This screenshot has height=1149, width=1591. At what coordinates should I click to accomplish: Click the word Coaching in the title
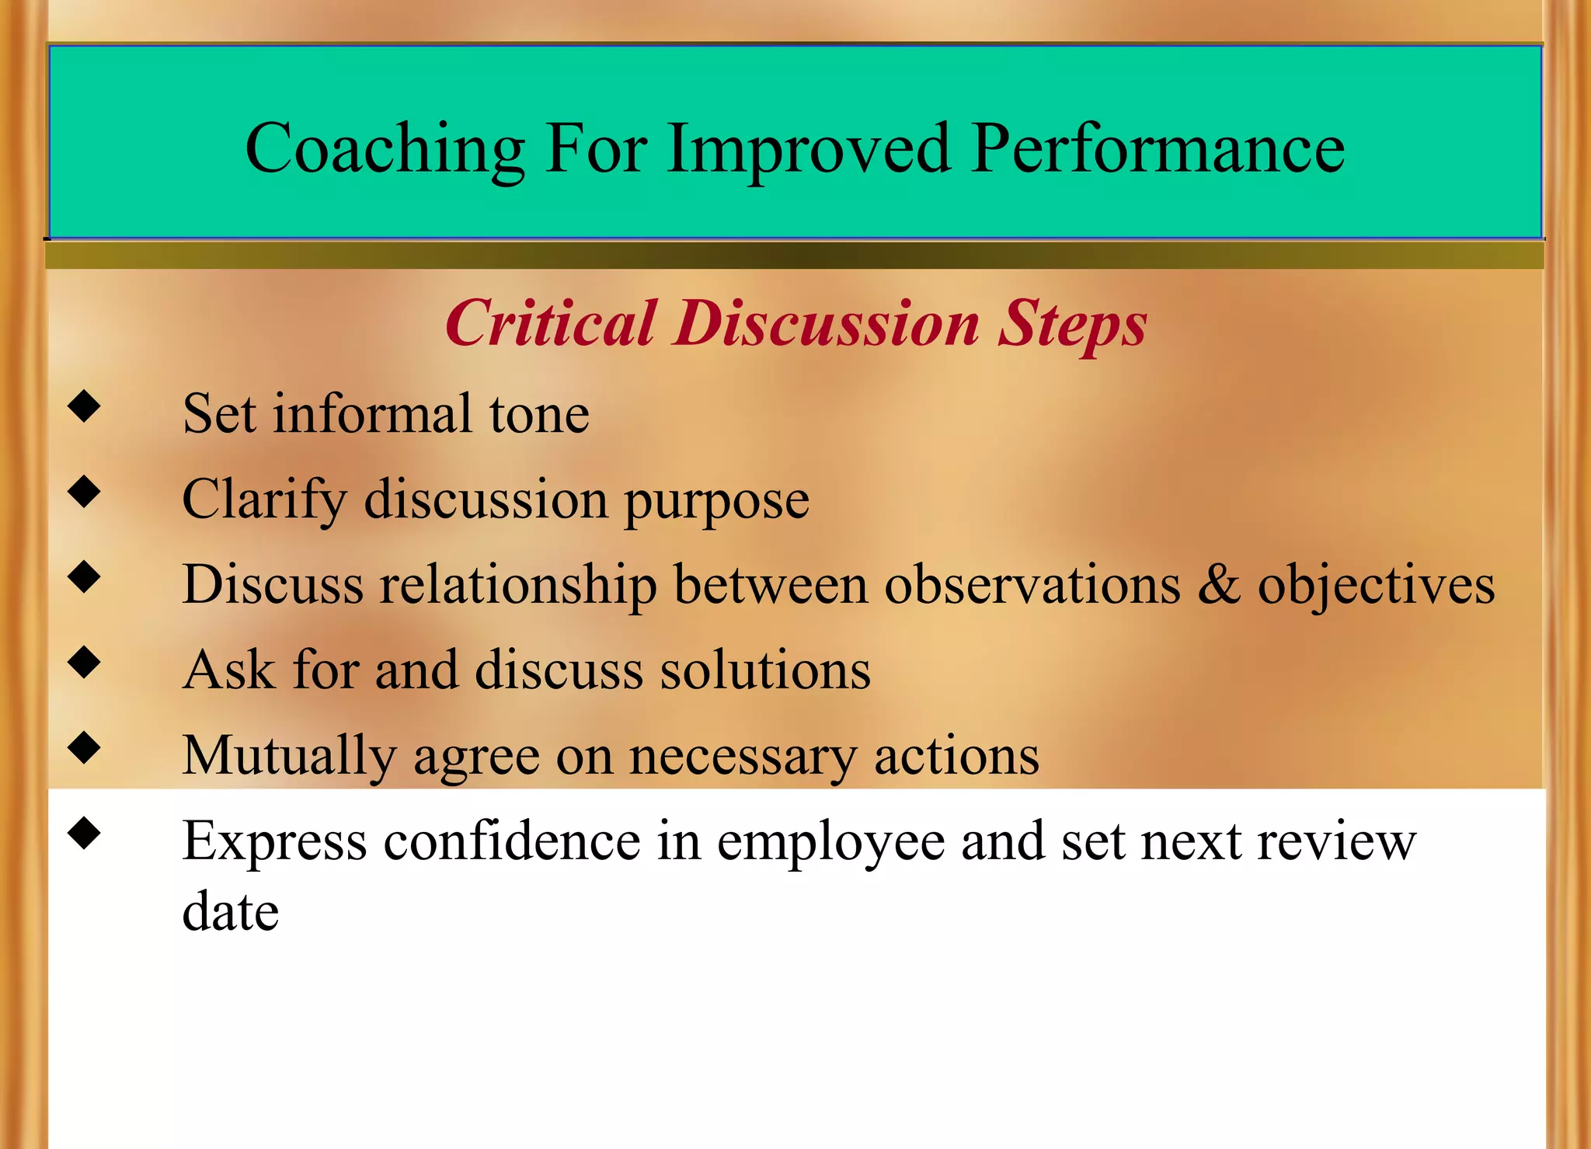coord(385,148)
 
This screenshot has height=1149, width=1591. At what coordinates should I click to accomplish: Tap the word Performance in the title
coord(1158,148)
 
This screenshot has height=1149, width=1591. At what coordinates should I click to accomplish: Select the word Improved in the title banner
coord(808,148)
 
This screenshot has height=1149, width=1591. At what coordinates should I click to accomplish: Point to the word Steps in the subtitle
coord(1072,323)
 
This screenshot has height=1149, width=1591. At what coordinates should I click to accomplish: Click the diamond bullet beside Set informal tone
coord(84,406)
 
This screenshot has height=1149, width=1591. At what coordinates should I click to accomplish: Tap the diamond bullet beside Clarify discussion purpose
coord(84,492)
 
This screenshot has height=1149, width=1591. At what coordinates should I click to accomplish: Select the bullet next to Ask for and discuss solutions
coord(84,663)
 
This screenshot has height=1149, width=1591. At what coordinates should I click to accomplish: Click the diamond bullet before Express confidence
coord(84,834)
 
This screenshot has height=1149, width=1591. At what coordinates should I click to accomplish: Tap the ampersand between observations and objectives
coord(1218,584)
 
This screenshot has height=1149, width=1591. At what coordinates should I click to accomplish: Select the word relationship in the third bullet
coord(517,584)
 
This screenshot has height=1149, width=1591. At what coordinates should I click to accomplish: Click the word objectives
coord(1376,584)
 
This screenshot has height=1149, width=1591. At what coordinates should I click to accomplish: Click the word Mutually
coord(288,755)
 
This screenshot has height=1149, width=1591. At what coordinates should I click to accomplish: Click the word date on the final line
coord(230,911)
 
